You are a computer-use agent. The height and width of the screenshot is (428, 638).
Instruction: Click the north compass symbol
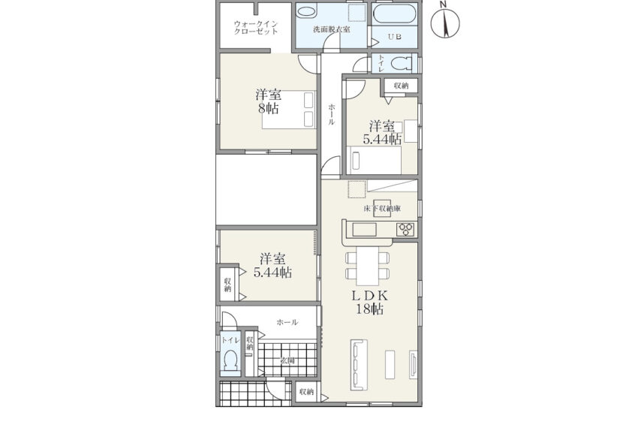pos(446,23)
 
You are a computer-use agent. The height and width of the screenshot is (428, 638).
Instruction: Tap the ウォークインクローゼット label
pos(255,28)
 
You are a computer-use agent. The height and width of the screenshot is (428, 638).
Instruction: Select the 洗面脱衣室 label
pos(332,29)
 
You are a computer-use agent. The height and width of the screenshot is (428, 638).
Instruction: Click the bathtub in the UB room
pos(395,15)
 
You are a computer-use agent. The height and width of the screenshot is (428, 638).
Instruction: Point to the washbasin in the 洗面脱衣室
pos(305,11)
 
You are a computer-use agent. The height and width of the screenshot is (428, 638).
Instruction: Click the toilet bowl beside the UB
pos(401,63)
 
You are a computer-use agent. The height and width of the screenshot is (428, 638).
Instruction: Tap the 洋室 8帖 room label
pos(269,101)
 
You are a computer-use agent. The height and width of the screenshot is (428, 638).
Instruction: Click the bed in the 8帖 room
pos(289,109)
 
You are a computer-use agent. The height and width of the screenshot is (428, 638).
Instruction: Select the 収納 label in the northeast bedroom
pos(401,86)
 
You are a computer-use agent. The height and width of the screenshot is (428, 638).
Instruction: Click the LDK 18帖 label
pos(369,302)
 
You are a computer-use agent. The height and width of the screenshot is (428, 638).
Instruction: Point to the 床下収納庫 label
pos(382,209)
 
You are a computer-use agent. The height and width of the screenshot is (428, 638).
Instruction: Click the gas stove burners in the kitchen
pos(406,229)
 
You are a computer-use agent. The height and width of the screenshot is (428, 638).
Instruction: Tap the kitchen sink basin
pos(364,230)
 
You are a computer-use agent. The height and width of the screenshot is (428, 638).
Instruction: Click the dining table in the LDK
pos(368,267)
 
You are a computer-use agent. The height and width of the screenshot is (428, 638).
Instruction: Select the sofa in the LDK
pos(359,364)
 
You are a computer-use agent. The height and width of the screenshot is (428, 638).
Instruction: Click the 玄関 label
pos(287,360)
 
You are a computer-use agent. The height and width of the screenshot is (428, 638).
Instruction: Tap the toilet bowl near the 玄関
pos(230,360)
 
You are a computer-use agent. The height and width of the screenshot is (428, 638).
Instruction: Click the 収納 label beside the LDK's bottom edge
pos(306,392)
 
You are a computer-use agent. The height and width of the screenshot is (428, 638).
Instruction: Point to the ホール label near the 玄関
pos(287,322)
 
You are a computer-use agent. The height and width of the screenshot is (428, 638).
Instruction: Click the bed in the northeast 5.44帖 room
pos(375,160)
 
